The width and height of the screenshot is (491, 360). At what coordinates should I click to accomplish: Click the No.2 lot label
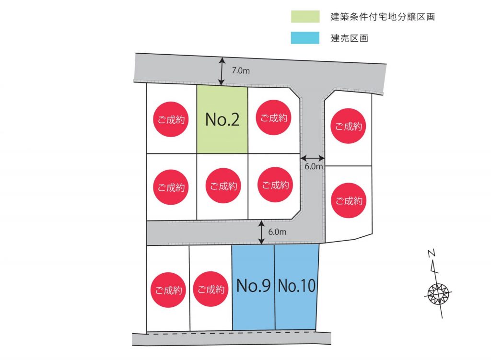222,119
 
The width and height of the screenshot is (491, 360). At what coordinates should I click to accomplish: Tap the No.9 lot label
253,286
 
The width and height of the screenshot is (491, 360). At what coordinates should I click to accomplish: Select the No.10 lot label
297,286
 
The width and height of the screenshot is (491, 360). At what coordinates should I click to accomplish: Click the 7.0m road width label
241,71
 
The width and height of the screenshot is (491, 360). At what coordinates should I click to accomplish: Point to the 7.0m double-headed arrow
222,71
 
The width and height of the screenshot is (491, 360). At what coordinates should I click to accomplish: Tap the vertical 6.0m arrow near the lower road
261,232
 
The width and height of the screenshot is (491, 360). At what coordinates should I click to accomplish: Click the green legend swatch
305,17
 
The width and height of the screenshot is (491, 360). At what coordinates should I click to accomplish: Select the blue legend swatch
305,38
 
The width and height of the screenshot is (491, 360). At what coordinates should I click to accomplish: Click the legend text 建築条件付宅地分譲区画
383,17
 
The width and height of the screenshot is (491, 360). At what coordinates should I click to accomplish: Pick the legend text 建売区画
350,38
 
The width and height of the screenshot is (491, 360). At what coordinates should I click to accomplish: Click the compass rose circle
438,294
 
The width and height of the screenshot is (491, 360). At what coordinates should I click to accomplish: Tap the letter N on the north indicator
432,253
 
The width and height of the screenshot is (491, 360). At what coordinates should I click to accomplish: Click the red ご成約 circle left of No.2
171,119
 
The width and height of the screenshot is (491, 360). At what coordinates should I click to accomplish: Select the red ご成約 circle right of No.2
274,118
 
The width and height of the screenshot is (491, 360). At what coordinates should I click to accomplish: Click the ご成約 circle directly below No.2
223,186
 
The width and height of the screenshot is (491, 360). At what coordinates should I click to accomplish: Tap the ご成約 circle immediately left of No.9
211,289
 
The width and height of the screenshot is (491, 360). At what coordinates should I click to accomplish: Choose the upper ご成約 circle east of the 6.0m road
349,126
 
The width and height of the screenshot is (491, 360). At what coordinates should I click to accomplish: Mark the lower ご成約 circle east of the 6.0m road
349,201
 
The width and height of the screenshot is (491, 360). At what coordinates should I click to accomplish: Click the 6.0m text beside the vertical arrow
277,232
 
